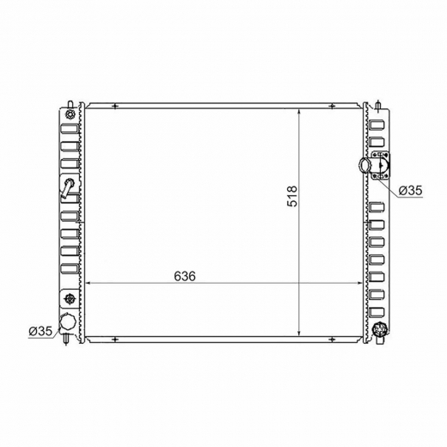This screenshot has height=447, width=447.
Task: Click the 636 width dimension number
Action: tap(185, 276)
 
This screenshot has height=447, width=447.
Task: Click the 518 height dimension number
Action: tap(292, 197)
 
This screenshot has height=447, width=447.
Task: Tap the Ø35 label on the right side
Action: tap(411, 190)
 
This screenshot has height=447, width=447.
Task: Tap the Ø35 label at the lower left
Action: tap(40, 331)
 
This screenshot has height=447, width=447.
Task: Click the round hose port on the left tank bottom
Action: tap(68, 322)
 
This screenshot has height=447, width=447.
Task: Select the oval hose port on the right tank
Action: tap(365, 165)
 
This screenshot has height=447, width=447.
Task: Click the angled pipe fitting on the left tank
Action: tap(67, 188)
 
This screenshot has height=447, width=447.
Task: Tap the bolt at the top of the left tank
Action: tap(70, 114)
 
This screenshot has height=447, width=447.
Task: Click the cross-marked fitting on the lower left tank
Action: tap(70, 299)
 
